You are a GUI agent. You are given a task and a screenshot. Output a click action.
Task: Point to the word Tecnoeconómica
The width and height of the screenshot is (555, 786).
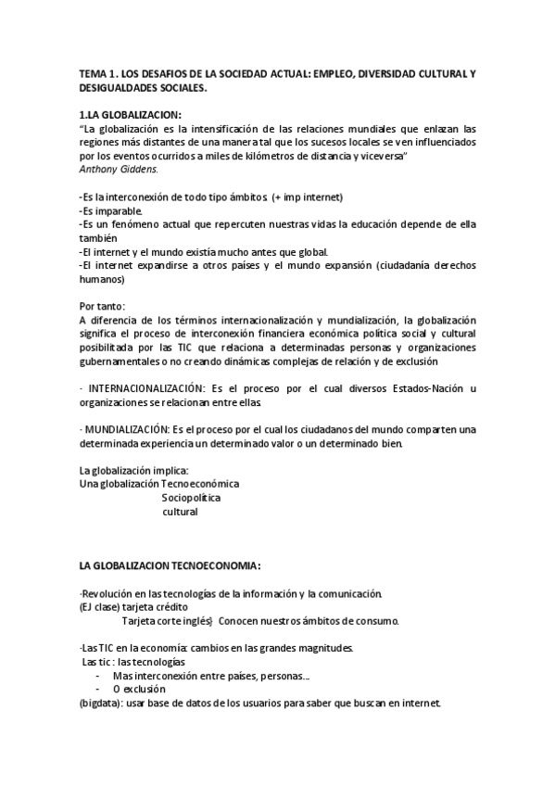click(200, 484)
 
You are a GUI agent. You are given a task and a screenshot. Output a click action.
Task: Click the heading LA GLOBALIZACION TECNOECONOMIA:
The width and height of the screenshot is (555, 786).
click(170, 565)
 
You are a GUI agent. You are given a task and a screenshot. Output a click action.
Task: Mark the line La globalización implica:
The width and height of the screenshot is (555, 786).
click(133, 470)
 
